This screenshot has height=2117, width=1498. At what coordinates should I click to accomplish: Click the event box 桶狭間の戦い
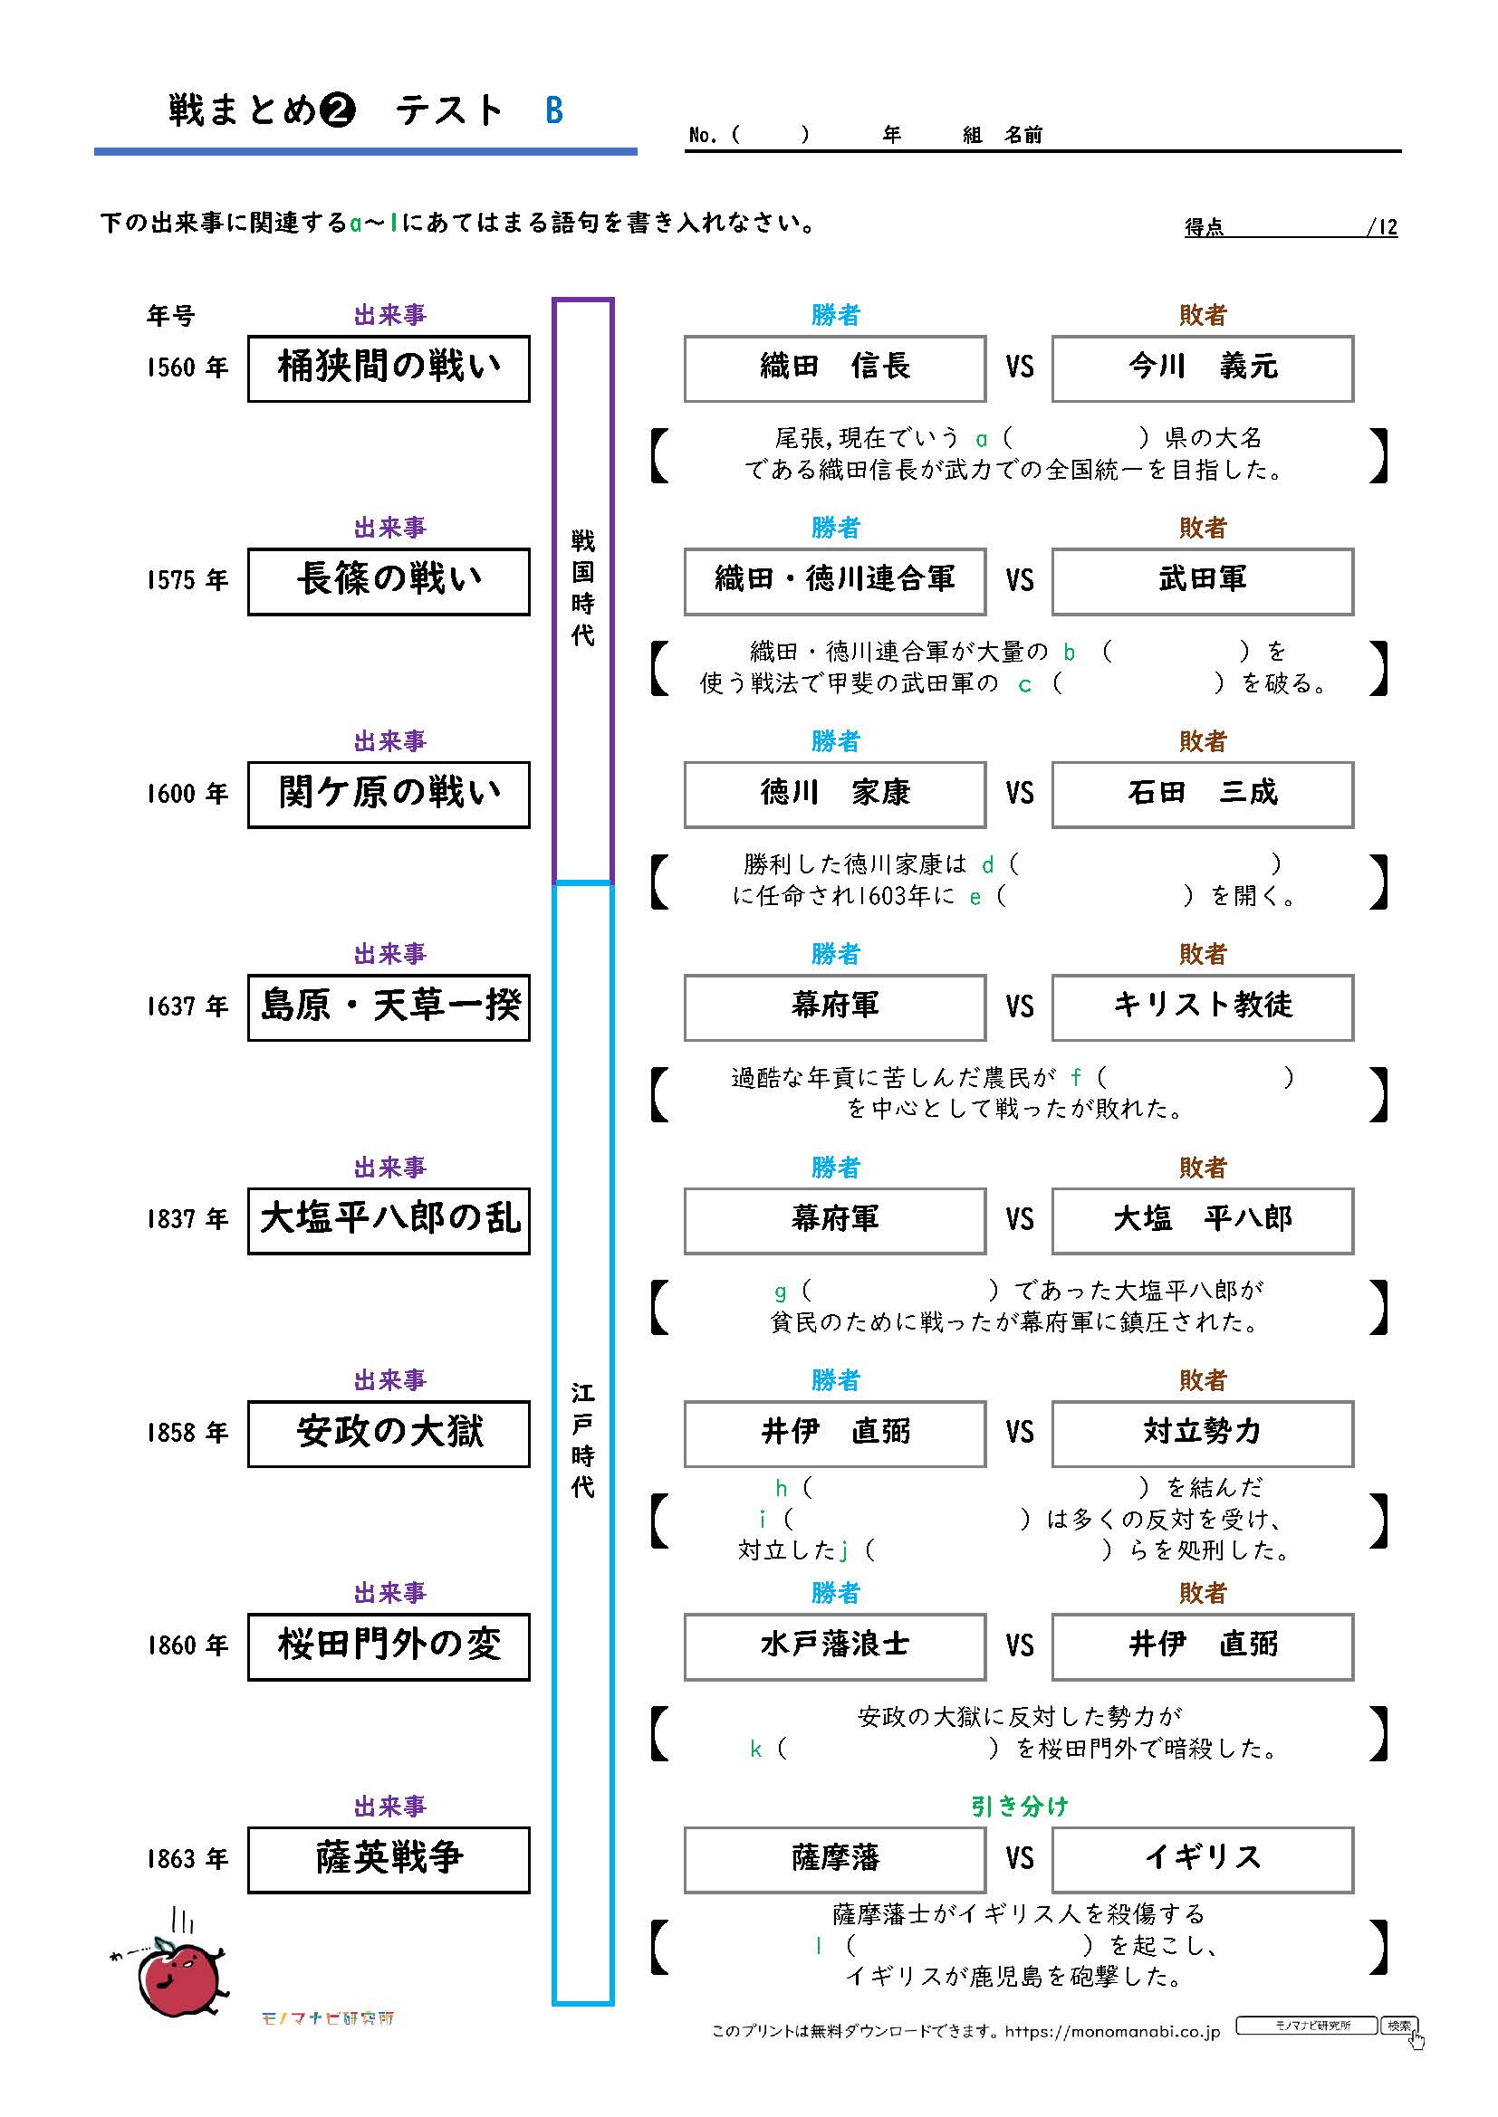point(389,367)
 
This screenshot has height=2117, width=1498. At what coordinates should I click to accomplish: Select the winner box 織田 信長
point(834,367)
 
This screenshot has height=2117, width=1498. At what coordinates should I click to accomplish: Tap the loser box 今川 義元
point(1202,367)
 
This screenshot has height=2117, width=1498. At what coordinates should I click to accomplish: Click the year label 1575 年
point(187,580)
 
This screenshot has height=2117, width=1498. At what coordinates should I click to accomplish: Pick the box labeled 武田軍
point(1202,581)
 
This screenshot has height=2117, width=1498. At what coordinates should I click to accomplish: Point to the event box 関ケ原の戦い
point(389,794)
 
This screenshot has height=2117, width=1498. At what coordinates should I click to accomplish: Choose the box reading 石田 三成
point(1202,794)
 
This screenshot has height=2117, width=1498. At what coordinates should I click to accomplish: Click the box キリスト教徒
point(1202,1006)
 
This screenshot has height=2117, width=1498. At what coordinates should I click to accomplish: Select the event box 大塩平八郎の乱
point(389,1220)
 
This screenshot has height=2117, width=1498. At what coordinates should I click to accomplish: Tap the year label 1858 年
point(187,1432)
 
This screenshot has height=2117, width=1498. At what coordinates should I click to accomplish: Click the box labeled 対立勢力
point(1202,1433)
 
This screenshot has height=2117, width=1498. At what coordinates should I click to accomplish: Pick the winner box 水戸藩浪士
point(834,1645)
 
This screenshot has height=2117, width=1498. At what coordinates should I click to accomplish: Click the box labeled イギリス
point(1202,1859)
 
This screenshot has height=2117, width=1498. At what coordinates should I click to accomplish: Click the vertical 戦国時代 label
point(582,587)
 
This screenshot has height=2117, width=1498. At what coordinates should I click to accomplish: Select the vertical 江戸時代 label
point(582,1439)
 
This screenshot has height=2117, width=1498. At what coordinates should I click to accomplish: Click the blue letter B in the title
point(553,110)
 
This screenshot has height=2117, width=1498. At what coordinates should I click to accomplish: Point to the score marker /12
point(1382,227)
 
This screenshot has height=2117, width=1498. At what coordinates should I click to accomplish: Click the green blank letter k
point(755,1750)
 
